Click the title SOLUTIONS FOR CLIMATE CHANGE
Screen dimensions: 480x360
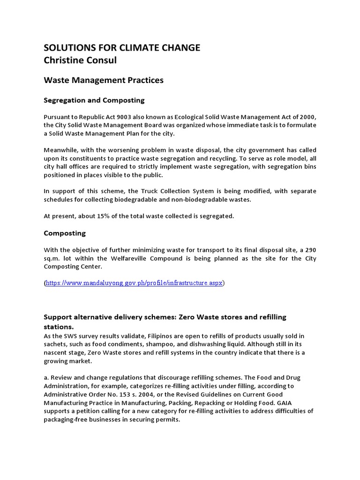pos(122,47)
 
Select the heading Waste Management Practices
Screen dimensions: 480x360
pos(104,80)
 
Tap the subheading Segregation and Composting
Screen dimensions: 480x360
pos(94,100)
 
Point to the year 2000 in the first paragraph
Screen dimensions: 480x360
pos(307,117)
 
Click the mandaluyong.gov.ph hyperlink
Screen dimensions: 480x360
pos(135,283)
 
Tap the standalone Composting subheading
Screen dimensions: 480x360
pos(65,233)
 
